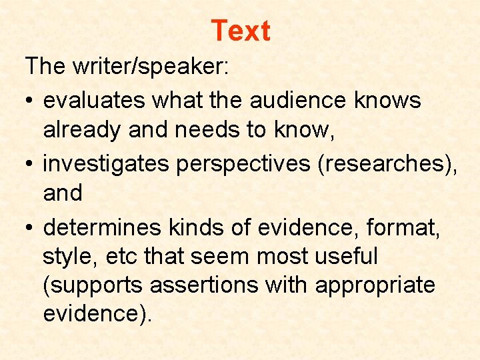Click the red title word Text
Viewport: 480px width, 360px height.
tap(240, 31)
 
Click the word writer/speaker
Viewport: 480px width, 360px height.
tap(144, 66)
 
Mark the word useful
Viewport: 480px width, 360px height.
tap(339, 256)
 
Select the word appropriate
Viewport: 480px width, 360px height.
tap(375, 285)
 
